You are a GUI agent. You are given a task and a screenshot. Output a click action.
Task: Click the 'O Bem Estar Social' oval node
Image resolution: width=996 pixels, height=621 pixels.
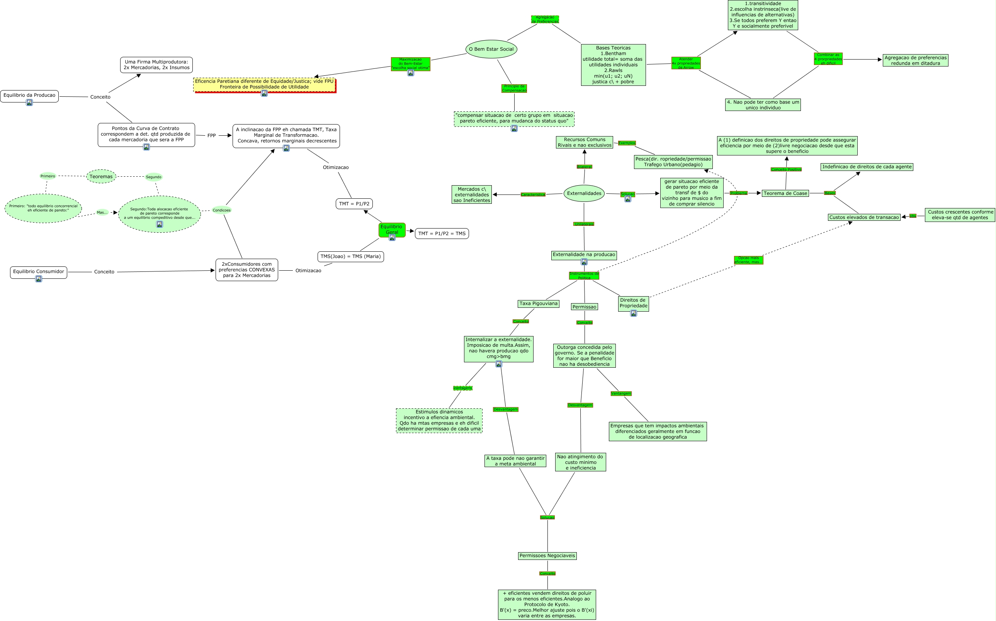pos(491,49)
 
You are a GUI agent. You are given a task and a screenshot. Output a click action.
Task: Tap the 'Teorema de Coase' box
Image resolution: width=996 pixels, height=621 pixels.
pos(785,193)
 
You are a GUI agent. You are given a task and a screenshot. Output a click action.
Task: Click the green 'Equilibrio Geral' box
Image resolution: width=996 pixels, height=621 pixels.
pos(391,229)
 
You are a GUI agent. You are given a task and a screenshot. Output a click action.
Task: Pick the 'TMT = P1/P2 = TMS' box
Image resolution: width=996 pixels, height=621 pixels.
pos(442,234)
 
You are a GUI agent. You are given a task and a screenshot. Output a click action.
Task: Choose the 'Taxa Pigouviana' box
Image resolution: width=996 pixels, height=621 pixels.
pos(539,304)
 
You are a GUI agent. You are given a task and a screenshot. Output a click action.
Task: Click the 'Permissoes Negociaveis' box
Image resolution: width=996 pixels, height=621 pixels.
pos(547,556)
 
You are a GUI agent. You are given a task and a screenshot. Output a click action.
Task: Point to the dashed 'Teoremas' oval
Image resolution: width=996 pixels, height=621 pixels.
pos(101,177)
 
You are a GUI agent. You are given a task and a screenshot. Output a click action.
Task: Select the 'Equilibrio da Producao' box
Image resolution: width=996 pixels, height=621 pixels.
pos(29,95)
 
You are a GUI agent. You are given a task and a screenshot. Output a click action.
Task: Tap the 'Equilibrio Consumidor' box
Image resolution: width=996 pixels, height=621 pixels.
pos(39,271)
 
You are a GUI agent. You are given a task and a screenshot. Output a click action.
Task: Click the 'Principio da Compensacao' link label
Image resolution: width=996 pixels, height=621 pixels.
pos(514,88)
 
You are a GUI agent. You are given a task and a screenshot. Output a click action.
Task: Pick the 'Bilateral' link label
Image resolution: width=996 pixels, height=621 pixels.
pos(584,167)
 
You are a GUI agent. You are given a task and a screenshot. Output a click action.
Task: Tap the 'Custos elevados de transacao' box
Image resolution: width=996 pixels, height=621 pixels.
pos(864,217)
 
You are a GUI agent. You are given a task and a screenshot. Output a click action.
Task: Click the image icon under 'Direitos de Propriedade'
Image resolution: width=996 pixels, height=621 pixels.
pos(633,313)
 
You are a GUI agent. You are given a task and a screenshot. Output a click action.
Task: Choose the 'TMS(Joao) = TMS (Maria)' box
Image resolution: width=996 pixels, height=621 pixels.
pos(350,257)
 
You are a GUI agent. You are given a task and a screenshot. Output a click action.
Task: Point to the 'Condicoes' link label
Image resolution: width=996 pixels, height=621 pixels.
pos(222,210)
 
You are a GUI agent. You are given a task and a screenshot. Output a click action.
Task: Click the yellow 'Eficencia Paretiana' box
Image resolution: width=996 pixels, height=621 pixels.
pos(264,84)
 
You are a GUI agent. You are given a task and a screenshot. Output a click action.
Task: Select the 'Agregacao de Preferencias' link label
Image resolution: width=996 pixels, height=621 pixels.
pos(545,19)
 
